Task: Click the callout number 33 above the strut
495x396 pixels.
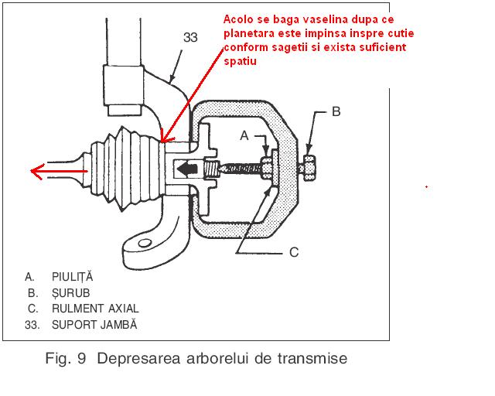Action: [x=190, y=37]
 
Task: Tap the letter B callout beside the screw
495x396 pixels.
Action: [x=336, y=111]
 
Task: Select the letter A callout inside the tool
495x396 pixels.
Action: [x=244, y=135]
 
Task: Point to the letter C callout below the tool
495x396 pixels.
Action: [x=294, y=252]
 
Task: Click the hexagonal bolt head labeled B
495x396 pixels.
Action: [x=309, y=168]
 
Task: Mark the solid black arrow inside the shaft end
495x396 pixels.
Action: [x=187, y=169]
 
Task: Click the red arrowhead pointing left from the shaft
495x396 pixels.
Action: [x=37, y=171]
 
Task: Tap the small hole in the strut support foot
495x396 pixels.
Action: [x=145, y=243]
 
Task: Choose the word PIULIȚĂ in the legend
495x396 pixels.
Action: [x=72, y=277]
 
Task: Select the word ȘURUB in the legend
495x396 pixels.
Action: [x=70, y=293]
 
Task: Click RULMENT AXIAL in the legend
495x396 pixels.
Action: [x=95, y=309]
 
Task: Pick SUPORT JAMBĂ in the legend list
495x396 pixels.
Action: [x=94, y=325]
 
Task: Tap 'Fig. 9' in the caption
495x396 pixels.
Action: [x=65, y=359]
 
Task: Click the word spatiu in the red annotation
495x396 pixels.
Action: [x=240, y=61]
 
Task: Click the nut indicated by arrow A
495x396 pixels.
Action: [x=267, y=167]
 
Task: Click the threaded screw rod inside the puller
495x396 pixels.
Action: [x=241, y=169]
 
